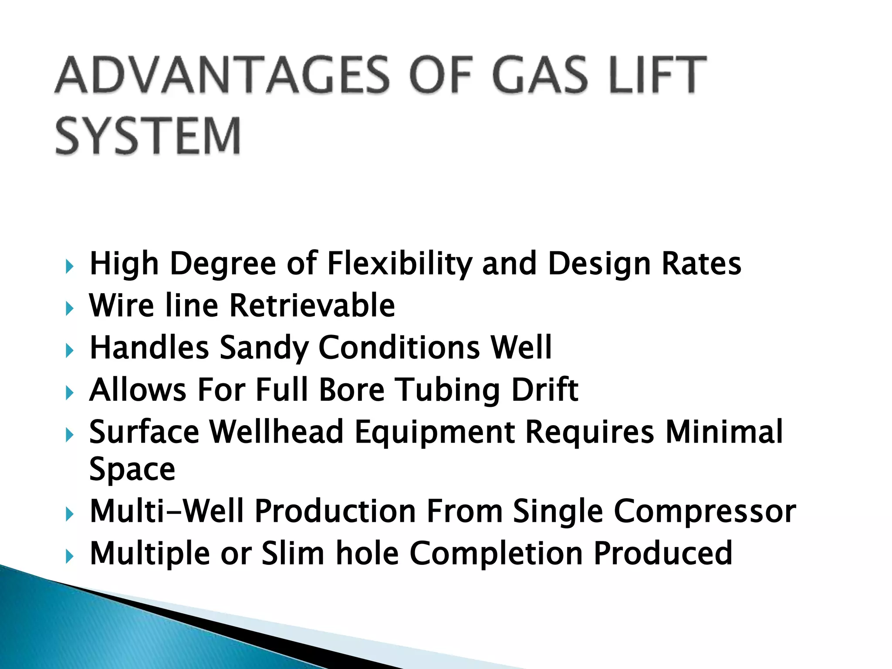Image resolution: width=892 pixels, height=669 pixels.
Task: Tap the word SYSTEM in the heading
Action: coord(148,135)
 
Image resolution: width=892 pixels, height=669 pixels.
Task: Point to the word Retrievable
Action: coord(312,305)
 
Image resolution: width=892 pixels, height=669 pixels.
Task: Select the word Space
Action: coord(132,469)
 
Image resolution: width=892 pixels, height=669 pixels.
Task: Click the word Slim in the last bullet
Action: coord(293,553)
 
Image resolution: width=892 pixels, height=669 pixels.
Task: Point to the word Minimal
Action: coord(724,432)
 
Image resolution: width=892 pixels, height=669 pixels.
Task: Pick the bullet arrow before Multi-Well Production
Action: coord(69,514)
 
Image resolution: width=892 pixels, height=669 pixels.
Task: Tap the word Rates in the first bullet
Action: coord(701,264)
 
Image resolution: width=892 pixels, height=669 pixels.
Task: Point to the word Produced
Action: coord(663,553)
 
